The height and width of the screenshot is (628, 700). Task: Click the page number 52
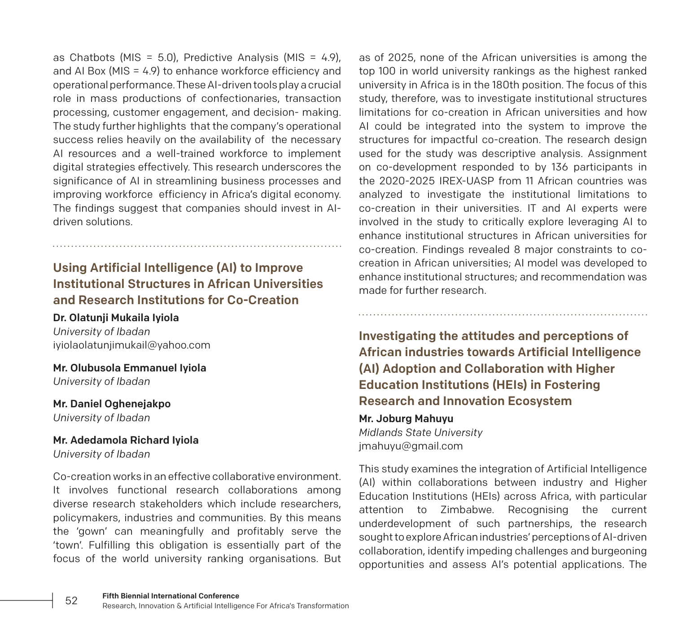pos(71,601)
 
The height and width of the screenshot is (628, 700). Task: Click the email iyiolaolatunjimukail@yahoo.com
pos(131,345)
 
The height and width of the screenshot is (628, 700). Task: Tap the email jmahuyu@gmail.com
pos(411,446)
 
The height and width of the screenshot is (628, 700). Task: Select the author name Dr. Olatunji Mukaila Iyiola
pos(116,318)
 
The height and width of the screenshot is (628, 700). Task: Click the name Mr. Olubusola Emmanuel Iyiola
pos(130,368)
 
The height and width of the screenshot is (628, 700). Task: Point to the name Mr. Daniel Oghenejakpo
pos(112,404)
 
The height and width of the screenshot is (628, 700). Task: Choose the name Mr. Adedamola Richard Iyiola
pos(126,440)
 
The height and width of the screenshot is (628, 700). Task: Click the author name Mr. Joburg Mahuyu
pos(406,419)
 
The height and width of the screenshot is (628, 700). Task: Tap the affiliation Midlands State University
pos(420,432)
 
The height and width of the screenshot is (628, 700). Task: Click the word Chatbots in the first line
pos(92,57)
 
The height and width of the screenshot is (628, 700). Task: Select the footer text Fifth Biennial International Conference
pos(171,596)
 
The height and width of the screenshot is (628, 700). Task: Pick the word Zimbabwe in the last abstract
pos(467,510)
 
